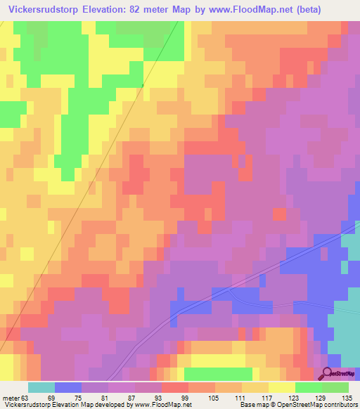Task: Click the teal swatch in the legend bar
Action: pyautogui.click(x=41, y=387)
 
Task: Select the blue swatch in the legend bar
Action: pyautogui.click(x=68, y=387)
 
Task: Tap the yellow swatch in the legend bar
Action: pyautogui.click(x=282, y=387)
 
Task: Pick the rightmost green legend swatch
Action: pyautogui.click(x=335, y=387)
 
